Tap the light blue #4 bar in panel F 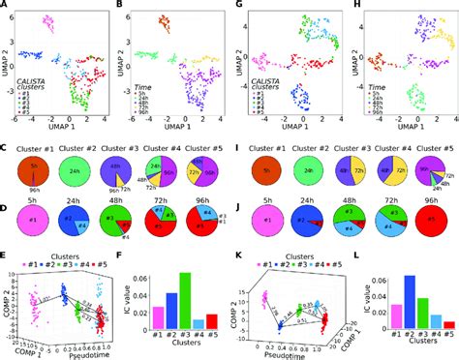pyautogui.click(x=199, y=325)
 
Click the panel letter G pyautogui.click(x=237, y=7)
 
